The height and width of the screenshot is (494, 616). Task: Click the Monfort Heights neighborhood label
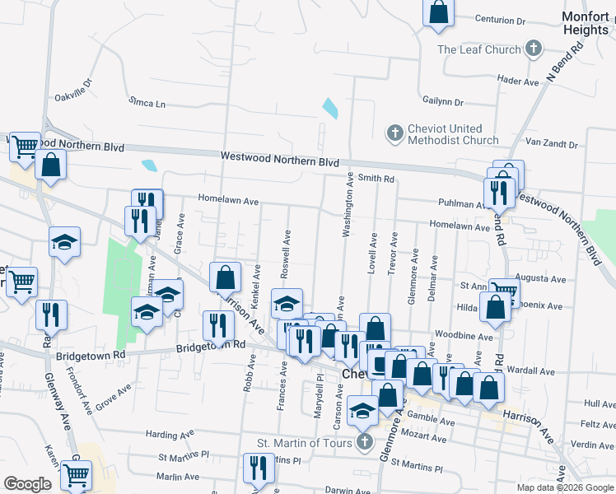coord(586,23)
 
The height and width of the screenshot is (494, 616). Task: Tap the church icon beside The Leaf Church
coord(534,49)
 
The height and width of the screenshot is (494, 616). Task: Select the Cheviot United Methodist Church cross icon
coord(395,133)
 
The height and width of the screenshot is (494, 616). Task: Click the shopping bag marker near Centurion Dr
coord(438,12)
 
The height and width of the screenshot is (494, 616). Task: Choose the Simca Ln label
coord(147,105)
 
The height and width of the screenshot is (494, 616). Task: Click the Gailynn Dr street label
coord(443,103)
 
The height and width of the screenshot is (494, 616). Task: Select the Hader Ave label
coord(518,81)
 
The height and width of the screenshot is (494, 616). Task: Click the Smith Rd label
coord(376,178)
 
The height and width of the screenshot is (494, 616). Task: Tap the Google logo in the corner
coord(27,484)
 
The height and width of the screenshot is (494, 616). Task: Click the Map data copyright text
coord(565,487)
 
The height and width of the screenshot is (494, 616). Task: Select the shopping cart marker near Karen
coord(76,474)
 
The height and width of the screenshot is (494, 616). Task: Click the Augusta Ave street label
coord(539,280)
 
